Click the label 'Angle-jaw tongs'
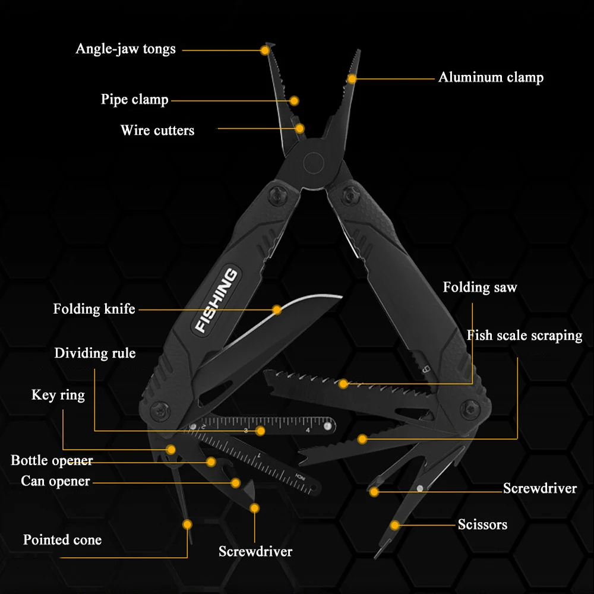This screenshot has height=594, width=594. click(x=125, y=49)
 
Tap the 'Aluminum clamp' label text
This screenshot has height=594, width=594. click(x=491, y=77)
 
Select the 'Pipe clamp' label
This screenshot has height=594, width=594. click(x=134, y=99)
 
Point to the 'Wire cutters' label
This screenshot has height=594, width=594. click(x=157, y=130)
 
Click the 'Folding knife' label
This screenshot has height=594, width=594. click(x=94, y=309)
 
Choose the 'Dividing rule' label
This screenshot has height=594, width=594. click(x=95, y=353)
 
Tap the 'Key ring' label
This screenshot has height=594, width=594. click(x=58, y=395)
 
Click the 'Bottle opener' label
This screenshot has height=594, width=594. click(x=52, y=460)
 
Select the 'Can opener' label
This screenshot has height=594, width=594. click(x=55, y=481)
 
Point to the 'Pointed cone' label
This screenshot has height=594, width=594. click(x=62, y=540)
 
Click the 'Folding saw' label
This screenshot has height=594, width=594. click(x=480, y=287)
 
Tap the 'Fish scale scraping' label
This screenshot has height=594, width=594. click(x=524, y=336)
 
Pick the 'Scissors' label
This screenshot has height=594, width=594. click(x=482, y=525)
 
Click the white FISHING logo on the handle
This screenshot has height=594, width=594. click(x=217, y=300)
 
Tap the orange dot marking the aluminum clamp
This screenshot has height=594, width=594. click(x=352, y=78)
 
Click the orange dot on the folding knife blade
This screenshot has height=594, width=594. click(x=277, y=309)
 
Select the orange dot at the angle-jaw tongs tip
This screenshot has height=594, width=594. click(x=265, y=50)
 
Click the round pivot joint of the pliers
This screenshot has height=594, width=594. click(x=312, y=161)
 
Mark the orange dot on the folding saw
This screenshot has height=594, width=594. click(x=343, y=384)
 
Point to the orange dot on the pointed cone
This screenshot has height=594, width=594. click(x=188, y=524)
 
